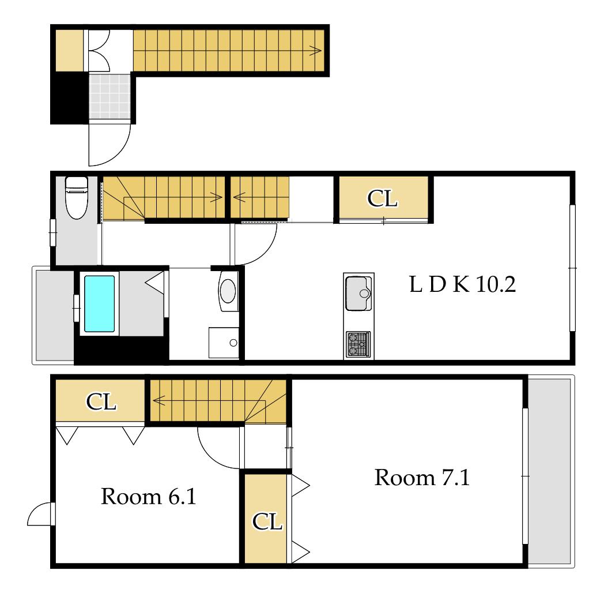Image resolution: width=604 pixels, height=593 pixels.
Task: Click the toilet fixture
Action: tap(77, 197)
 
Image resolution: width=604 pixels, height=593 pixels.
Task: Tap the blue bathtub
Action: tap(99, 304)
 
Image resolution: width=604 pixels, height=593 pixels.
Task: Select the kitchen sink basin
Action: tap(358, 294)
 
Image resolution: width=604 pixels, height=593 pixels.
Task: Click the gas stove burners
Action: tap(358, 344)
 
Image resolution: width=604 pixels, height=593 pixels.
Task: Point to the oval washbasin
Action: tap(228, 291)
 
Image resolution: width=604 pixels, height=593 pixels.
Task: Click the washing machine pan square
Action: tap(224, 343)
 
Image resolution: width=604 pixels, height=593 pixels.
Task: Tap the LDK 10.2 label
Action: tap(462, 284)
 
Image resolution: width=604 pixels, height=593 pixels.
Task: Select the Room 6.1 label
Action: tap(149, 496)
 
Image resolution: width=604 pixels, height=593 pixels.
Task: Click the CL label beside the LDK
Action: tap(382, 198)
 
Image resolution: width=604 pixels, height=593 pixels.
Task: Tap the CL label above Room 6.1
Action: tap(101, 401)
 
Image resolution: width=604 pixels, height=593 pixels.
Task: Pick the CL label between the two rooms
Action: tap(267, 521)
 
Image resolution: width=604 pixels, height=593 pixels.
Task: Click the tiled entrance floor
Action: tap(110, 96)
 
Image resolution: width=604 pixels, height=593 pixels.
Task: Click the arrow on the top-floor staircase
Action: tap(315, 50)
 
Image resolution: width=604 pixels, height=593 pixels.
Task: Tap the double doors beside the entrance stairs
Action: tap(99, 51)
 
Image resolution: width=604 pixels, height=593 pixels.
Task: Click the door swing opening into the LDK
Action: tap(255, 245)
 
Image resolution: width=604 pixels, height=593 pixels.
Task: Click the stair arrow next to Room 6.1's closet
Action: tap(159, 401)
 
